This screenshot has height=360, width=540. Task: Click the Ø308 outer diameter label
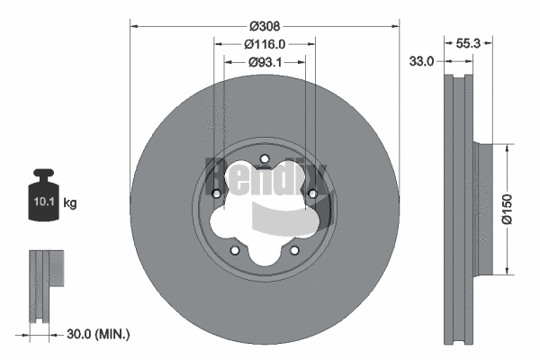click(x=265, y=28)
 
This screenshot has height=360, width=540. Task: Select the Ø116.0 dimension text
click(x=265, y=44)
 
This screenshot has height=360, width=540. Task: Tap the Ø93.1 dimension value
click(x=265, y=61)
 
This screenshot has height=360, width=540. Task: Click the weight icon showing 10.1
click(x=45, y=192)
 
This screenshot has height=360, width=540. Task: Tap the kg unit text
click(x=70, y=203)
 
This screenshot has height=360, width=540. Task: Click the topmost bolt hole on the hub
click(x=265, y=162)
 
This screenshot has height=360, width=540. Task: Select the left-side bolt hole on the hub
click(x=216, y=193)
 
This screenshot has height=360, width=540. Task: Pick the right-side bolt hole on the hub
click(x=312, y=193)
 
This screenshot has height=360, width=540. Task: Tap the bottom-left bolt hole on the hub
click(x=234, y=251)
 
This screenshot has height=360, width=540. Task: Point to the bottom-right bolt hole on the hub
click(x=294, y=251)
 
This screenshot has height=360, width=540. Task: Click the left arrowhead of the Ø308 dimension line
click(x=134, y=28)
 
